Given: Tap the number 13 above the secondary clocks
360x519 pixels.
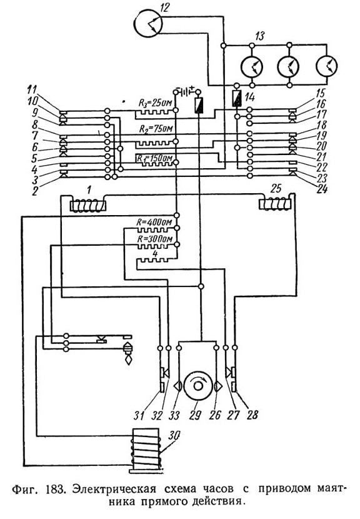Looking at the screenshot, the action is [x=261, y=36].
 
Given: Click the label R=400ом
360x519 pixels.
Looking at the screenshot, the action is [x=154, y=222].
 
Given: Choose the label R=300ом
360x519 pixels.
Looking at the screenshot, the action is [x=154, y=239].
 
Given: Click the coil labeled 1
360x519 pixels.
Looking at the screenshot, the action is [x=88, y=205].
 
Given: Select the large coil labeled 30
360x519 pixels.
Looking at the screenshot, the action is [x=146, y=450].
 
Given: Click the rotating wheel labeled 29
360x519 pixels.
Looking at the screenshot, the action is [x=198, y=385].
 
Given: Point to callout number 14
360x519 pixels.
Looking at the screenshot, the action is [x=250, y=97].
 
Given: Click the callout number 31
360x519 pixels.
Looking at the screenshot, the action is [x=139, y=415].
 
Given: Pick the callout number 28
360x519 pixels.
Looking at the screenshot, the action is [x=252, y=415].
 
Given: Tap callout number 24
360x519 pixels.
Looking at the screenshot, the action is [x=322, y=189].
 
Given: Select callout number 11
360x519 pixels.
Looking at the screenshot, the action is [x=32, y=89].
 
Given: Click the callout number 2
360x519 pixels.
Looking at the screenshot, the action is [x=35, y=191].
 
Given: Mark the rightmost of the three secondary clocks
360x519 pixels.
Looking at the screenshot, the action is [x=327, y=64].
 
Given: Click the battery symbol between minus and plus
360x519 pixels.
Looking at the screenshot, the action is [x=187, y=91].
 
